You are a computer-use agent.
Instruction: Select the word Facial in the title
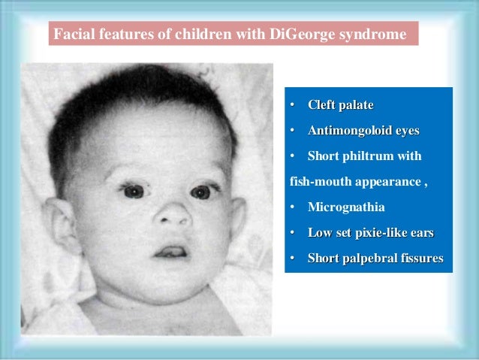pyautogui.click(x=72, y=35)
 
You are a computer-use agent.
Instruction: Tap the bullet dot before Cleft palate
pyautogui.click(x=294, y=104)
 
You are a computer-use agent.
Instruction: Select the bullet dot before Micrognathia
pyautogui.click(x=294, y=207)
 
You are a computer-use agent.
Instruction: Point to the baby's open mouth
pyautogui.click(x=173, y=250)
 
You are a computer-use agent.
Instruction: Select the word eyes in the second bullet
pyautogui.click(x=405, y=130)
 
